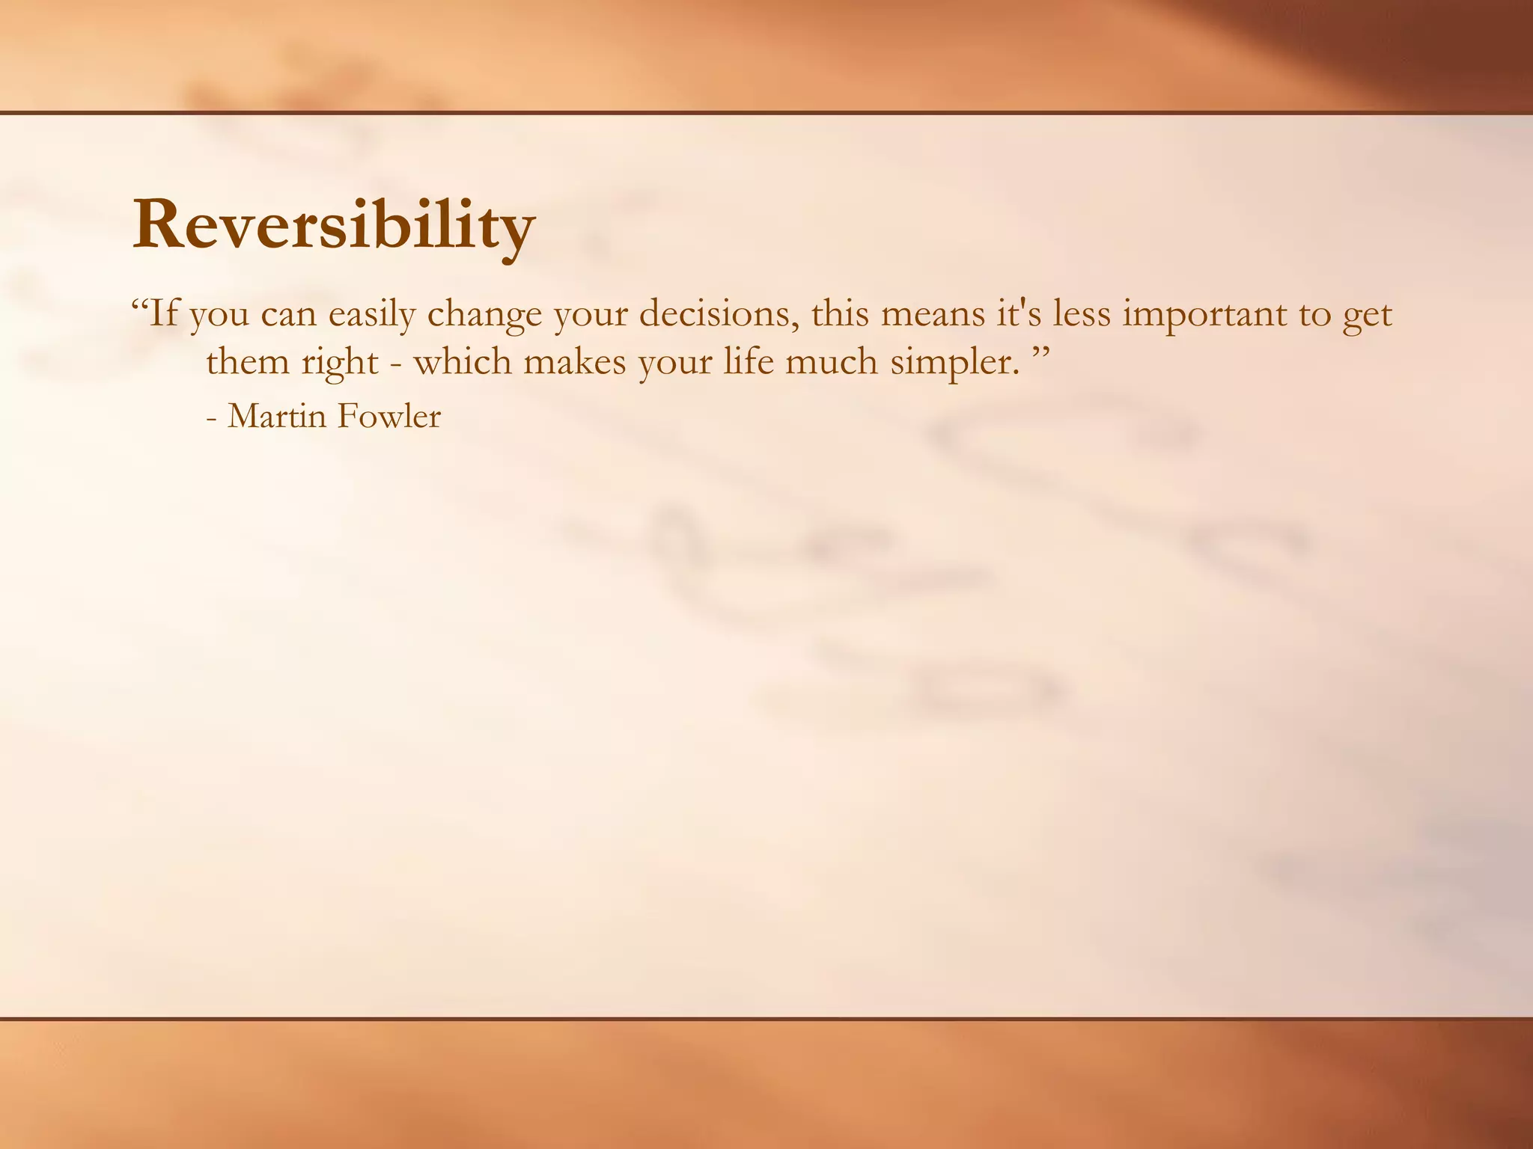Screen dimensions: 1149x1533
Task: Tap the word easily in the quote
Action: (x=371, y=314)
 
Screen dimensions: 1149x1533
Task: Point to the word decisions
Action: (x=719, y=314)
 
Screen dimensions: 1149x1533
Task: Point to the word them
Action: (x=247, y=362)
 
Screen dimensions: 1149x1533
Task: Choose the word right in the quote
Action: (x=340, y=364)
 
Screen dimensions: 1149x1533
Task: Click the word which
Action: (x=463, y=362)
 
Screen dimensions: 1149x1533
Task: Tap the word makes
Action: (x=574, y=362)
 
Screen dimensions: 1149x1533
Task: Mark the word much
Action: (x=832, y=362)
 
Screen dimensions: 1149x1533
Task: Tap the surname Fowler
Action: (x=388, y=417)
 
